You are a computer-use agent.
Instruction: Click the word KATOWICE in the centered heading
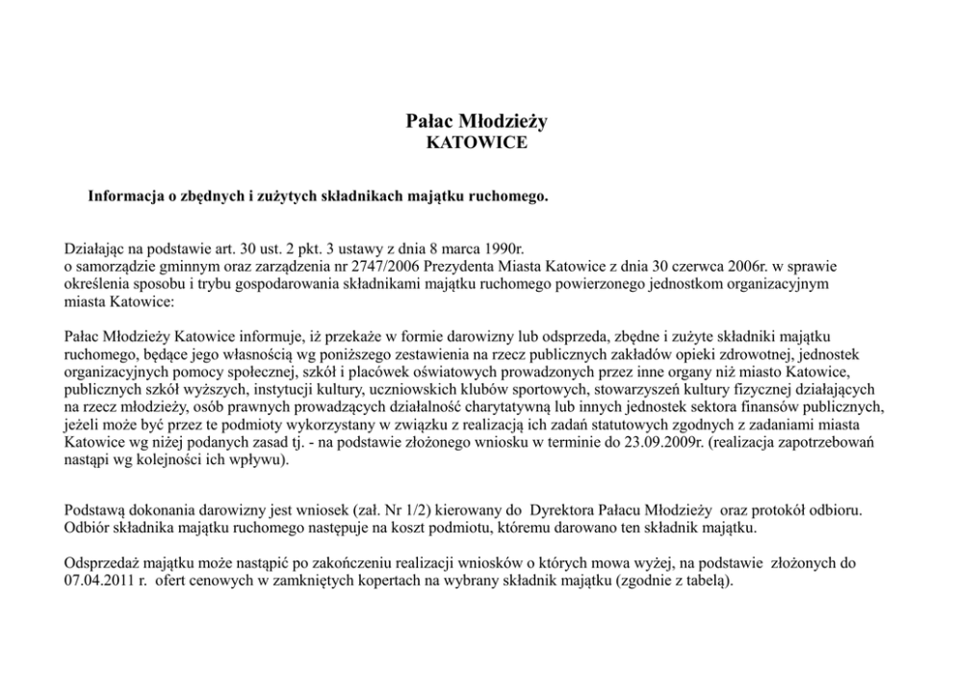click(x=477, y=143)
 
